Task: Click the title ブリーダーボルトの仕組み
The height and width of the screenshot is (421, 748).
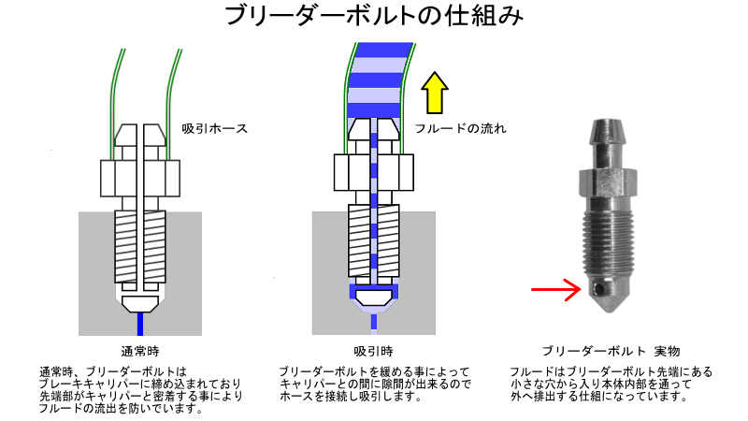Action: (373, 17)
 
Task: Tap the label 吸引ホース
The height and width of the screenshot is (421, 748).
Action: (215, 128)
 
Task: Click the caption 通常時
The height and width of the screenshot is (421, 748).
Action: (140, 352)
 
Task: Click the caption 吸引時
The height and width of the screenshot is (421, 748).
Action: (373, 352)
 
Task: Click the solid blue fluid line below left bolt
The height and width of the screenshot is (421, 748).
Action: (139, 325)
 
